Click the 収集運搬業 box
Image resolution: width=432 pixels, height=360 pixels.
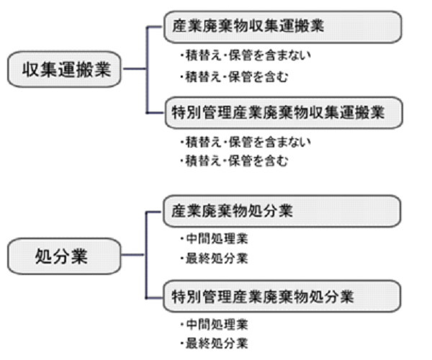click(x=64, y=69)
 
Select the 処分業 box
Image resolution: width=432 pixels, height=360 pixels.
click(x=64, y=256)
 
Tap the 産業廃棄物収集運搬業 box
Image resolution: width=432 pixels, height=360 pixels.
click(x=283, y=27)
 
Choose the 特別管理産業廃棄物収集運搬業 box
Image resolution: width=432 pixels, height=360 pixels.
click(x=284, y=112)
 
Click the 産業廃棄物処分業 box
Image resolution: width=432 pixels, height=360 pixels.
click(x=282, y=211)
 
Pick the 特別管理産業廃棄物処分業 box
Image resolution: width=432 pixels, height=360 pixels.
click(x=282, y=296)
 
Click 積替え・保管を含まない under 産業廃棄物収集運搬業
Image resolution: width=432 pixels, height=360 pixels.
click(x=246, y=55)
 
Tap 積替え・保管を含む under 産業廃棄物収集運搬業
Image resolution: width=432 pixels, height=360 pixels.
click(x=234, y=76)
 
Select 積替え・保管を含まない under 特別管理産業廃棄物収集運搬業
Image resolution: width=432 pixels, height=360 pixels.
click(x=246, y=142)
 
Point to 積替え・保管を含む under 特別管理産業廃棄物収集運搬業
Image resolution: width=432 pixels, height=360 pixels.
click(x=234, y=161)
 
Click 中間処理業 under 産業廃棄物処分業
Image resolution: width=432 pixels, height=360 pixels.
click(x=215, y=238)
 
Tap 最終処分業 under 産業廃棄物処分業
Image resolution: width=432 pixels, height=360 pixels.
click(x=215, y=258)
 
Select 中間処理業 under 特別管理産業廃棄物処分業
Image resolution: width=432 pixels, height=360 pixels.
click(x=215, y=324)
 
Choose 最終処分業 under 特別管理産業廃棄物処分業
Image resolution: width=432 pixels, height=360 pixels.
click(x=215, y=343)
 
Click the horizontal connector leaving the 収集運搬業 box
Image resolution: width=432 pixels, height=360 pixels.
click(x=134, y=68)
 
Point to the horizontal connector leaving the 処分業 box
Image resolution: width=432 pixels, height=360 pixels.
click(x=132, y=254)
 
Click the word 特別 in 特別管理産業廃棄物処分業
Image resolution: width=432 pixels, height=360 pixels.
click(x=186, y=297)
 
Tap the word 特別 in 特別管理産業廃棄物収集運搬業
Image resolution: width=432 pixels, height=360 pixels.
click(x=186, y=112)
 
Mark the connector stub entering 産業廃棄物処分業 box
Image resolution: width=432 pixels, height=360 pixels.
click(x=154, y=212)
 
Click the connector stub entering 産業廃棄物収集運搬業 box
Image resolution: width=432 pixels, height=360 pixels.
click(x=154, y=27)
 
